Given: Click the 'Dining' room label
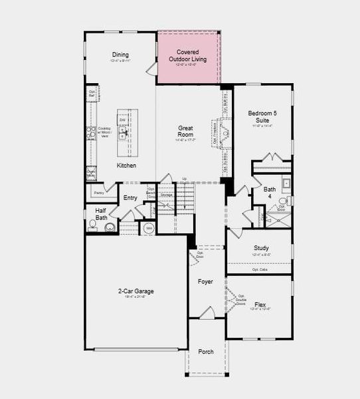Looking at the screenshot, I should (120, 55).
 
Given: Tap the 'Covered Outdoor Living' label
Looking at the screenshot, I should (191, 55).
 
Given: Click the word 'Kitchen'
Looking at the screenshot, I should (126, 165).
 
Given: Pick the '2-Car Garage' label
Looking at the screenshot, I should (136, 291).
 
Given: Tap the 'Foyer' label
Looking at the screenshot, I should (206, 281).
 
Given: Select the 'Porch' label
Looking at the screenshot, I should (206, 351).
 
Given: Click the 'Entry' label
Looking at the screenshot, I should (130, 198).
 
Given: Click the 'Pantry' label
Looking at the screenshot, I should (99, 193).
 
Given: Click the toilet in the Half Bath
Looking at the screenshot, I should (94, 227).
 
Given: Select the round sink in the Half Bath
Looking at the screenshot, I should (110, 227).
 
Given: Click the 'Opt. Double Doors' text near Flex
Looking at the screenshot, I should (241, 299).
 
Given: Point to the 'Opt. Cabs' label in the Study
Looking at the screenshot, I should (260, 269).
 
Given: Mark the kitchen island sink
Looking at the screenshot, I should (123, 132).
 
